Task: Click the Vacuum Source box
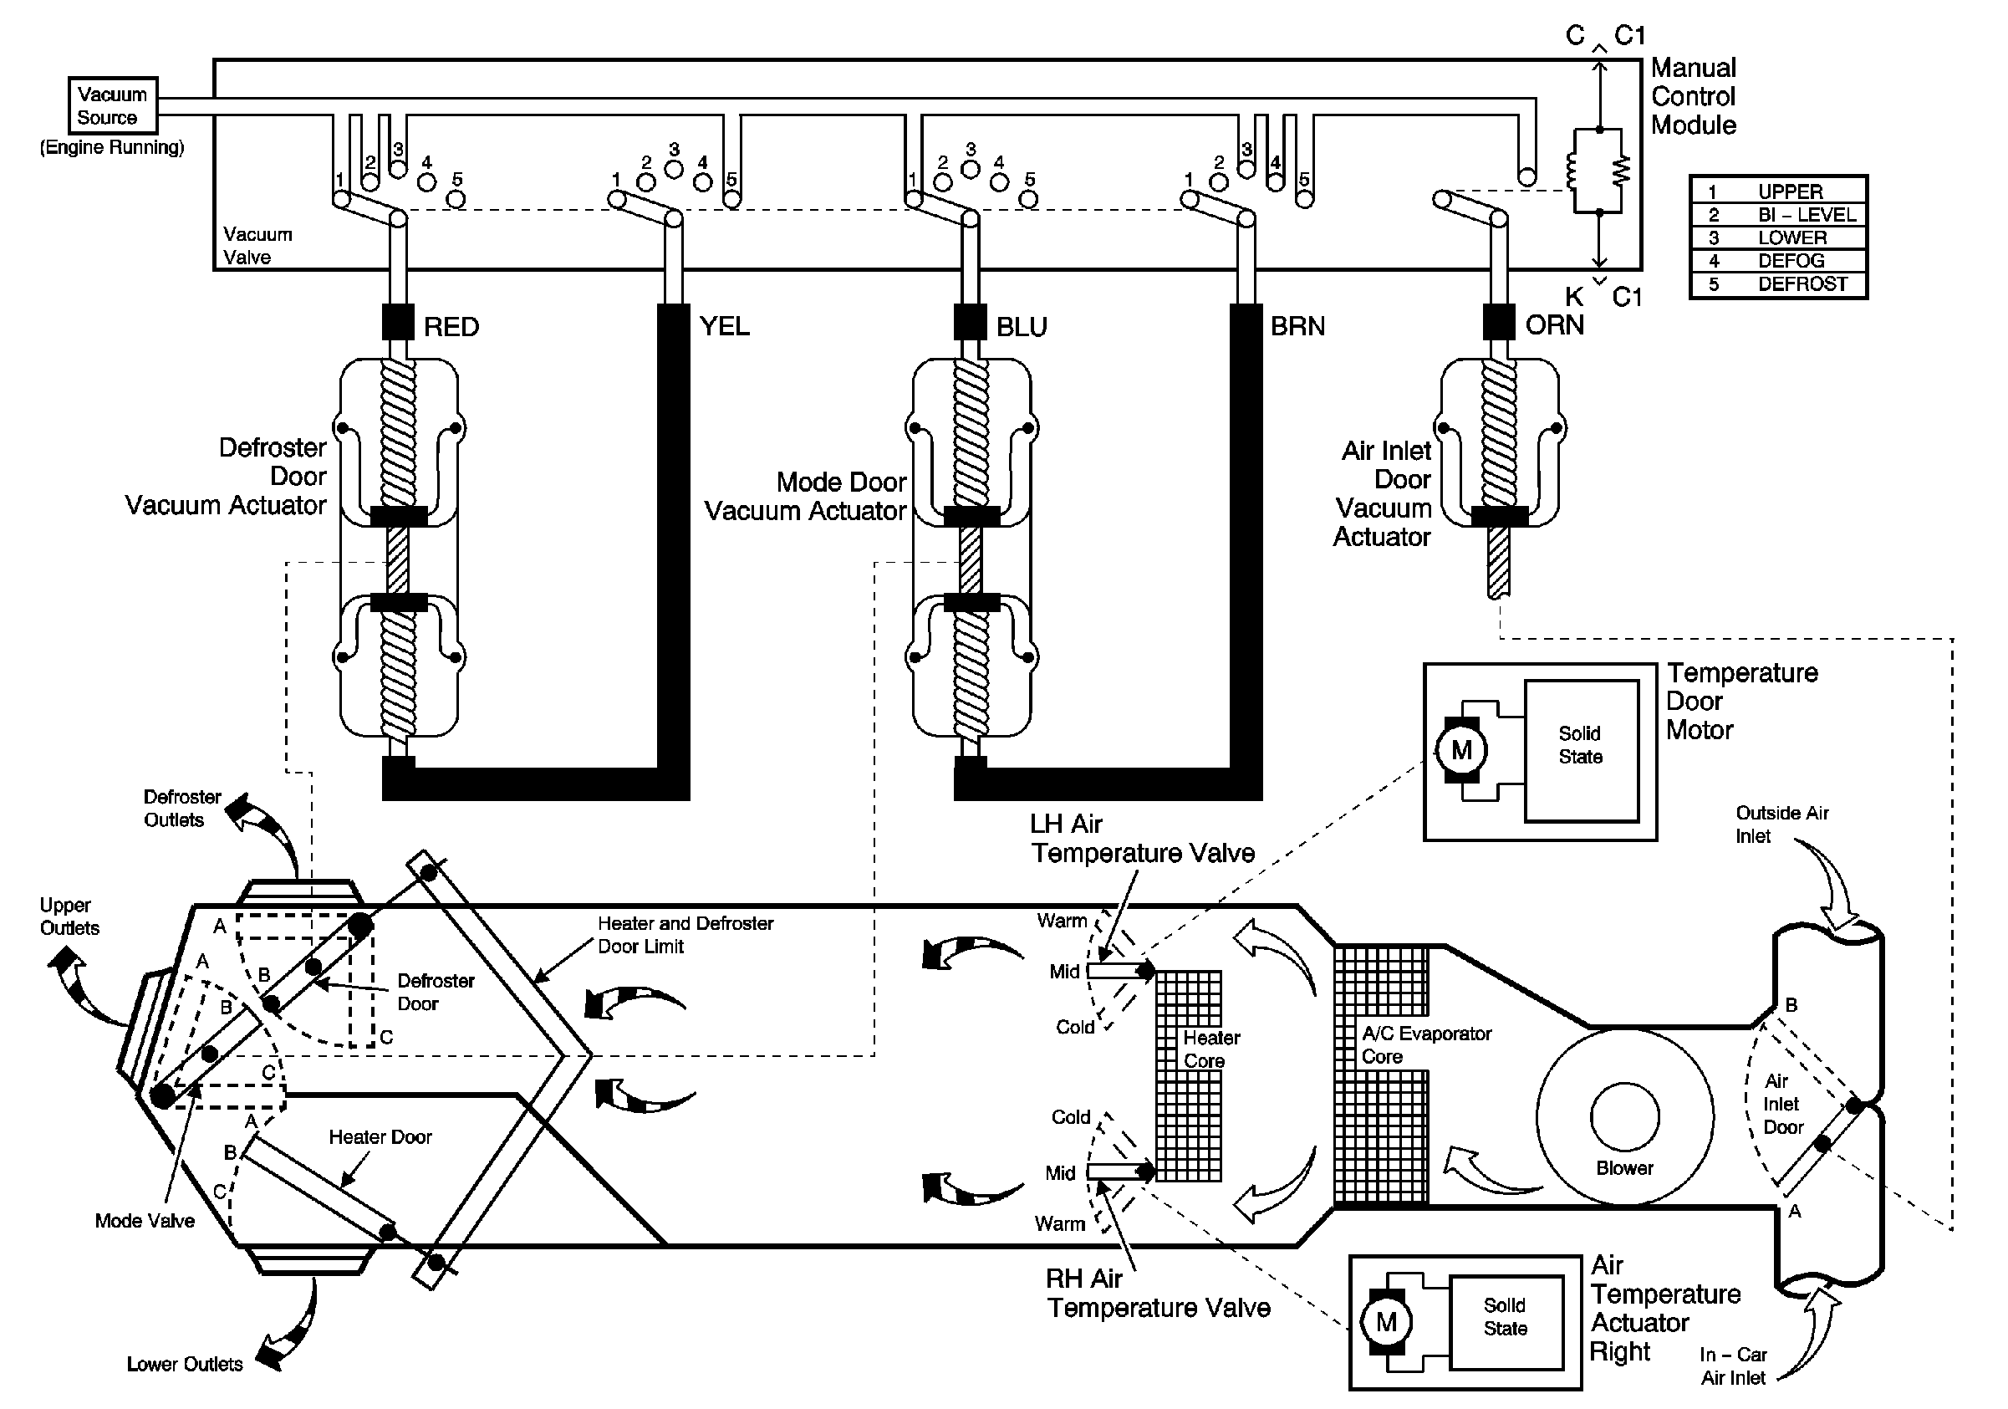(112, 106)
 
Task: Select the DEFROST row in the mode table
(1778, 284)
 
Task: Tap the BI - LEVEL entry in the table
(1778, 214)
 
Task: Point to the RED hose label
(451, 327)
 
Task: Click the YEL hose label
(724, 326)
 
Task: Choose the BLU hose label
(1022, 327)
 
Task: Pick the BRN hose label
(1298, 326)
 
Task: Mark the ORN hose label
(1554, 325)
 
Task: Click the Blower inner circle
(1625, 1117)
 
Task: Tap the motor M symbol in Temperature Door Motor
(1461, 750)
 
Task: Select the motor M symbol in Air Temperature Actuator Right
(1386, 1321)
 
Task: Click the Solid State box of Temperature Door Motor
(1581, 750)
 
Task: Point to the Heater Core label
(1210, 1049)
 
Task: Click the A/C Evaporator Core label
(1425, 1045)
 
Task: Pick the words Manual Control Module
(1692, 97)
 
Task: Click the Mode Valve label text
(145, 1221)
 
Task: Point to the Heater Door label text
(380, 1137)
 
